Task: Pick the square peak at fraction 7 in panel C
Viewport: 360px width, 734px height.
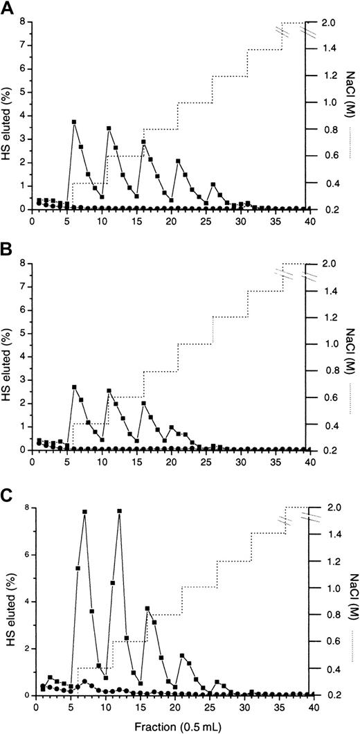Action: tap(84, 512)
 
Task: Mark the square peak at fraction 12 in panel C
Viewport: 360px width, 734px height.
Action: tap(119, 512)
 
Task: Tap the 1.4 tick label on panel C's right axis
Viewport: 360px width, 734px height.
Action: tap(324, 534)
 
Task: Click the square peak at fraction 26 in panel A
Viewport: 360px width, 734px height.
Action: tap(213, 185)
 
